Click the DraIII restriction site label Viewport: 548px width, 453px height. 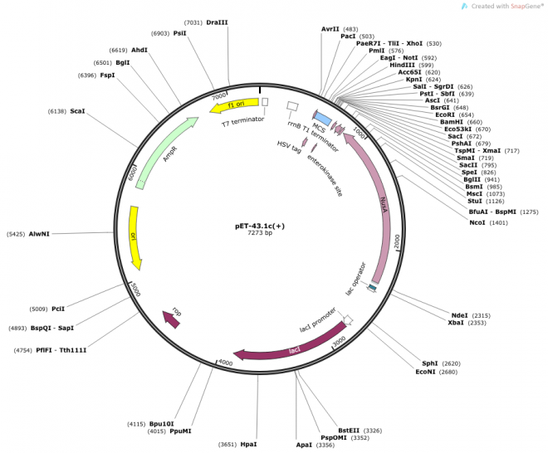click(x=217, y=23)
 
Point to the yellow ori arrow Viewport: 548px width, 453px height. click(x=135, y=237)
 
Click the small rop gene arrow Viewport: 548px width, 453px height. click(x=171, y=318)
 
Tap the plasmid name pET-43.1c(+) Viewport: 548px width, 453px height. click(x=260, y=225)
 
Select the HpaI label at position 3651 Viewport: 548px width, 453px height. click(x=248, y=445)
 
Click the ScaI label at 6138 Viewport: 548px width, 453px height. click(x=77, y=111)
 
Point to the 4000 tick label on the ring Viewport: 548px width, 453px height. click(x=225, y=363)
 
